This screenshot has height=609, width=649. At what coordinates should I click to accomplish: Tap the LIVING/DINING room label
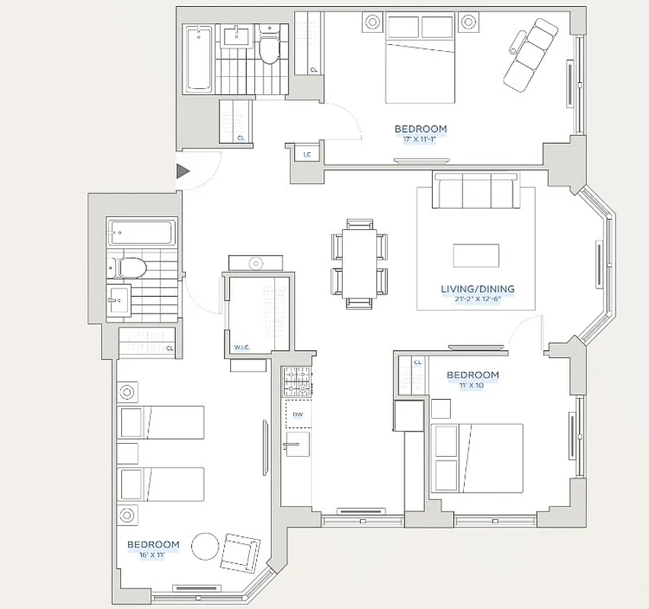[x=478, y=289]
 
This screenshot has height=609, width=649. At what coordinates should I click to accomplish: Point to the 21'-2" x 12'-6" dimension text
[x=478, y=299]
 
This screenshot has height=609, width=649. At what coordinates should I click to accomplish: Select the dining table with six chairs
[x=359, y=263]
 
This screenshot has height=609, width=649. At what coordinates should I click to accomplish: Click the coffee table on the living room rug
[x=476, y=255]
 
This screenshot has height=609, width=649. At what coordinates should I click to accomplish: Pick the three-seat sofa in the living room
[x=476, y=190]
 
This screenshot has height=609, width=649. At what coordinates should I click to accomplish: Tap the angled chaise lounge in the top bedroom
[x=530, y=53]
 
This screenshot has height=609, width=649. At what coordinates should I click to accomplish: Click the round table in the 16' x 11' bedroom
[x=205, y=546]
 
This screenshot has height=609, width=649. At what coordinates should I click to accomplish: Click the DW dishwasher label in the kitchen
[x=299, y=416]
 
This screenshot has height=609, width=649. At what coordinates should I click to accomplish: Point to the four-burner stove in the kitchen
[x=297, y=382]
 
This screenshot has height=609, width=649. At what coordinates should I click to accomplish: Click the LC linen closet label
[x=307, y=155]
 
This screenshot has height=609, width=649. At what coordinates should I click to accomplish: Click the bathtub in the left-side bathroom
[x=142, y=232]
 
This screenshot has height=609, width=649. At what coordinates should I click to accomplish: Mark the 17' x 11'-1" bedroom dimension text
[x=420, y=139]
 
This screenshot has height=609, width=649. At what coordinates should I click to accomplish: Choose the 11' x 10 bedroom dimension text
[x=472, y=385]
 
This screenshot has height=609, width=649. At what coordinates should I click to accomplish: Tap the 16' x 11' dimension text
[x=153, y=555]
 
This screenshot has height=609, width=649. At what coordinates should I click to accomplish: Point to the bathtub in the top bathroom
[x=200, y=58]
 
